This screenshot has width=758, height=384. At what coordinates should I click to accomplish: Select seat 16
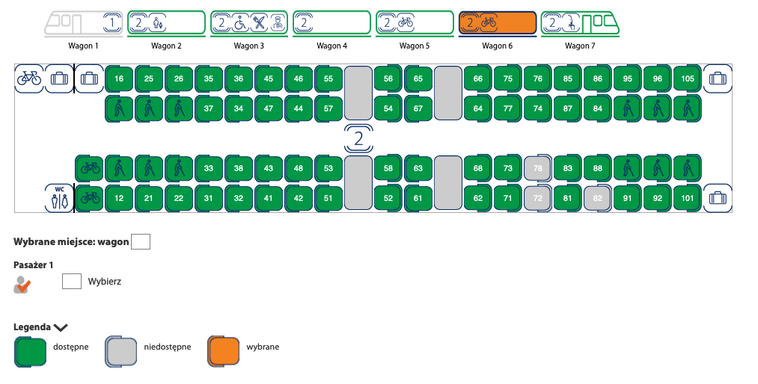119,78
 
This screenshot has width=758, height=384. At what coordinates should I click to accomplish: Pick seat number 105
688,78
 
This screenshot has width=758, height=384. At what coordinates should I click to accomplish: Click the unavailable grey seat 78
537,168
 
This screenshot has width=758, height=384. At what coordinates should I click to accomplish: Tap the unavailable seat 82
597,199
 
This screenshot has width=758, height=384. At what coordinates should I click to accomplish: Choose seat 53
328,168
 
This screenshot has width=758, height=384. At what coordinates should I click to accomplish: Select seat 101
688,199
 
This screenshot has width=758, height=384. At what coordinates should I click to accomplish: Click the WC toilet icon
59,198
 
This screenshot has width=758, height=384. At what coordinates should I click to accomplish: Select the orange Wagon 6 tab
497,23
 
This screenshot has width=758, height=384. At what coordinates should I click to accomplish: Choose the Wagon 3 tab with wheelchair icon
249,23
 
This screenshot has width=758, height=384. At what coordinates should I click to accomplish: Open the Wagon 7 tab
581,23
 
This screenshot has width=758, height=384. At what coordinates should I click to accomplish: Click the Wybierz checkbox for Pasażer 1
72,282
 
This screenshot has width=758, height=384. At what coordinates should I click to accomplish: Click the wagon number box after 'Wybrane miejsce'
141,241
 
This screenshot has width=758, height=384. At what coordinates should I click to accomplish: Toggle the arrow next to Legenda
61,327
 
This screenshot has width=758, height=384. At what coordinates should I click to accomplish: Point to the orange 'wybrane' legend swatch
222,351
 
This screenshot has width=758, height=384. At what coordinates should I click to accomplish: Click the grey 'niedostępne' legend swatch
120,351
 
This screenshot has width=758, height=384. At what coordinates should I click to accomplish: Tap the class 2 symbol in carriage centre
358,138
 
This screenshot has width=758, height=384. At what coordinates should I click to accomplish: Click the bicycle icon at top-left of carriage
29,78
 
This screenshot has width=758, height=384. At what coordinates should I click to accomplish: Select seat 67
418,108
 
